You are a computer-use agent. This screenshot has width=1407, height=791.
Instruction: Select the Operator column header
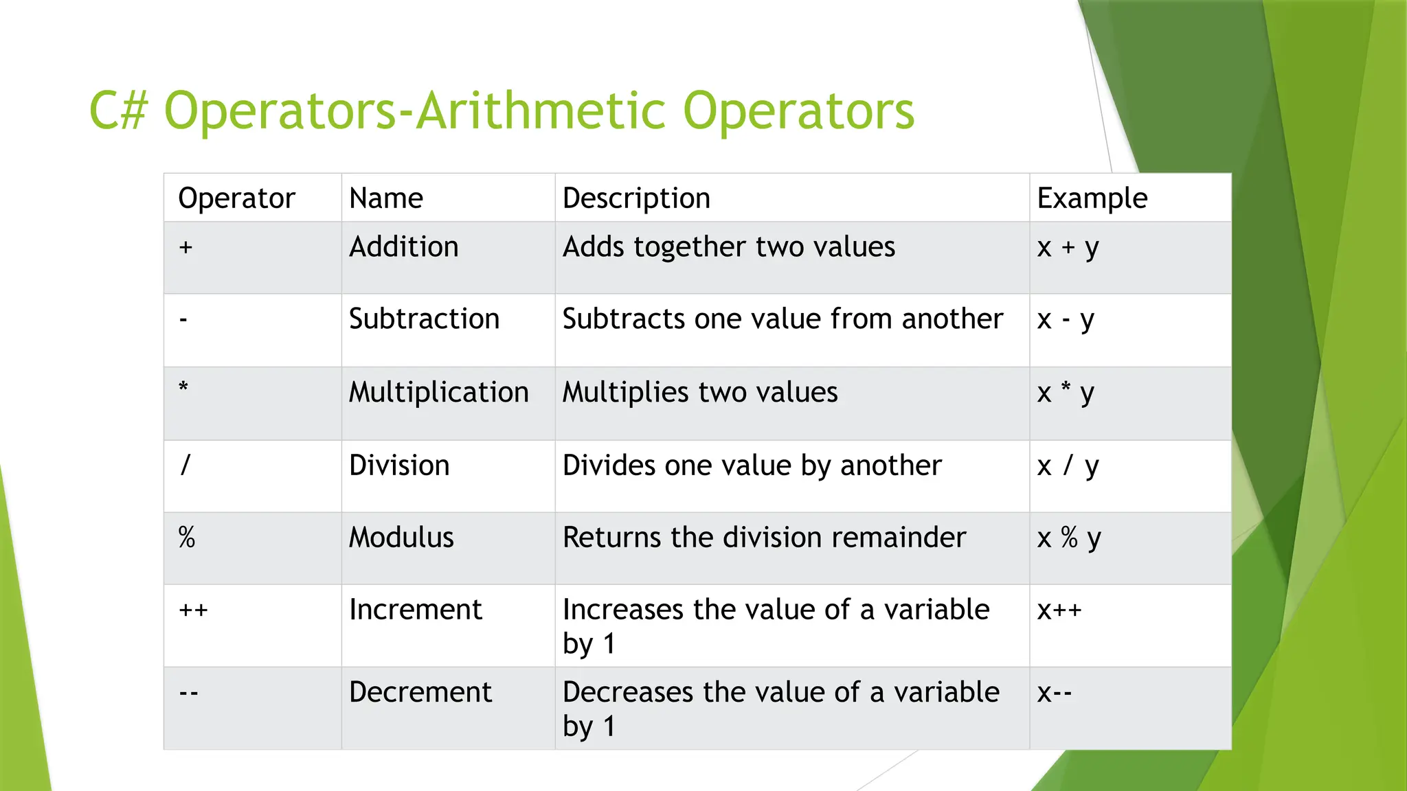point(236,198)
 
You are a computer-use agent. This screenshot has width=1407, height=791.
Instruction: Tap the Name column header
point(386,198)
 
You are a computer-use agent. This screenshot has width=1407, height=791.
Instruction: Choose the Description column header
point(636,198)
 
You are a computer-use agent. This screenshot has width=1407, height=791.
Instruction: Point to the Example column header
point(1092,198)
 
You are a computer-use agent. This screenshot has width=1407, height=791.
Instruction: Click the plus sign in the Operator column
point(185,247)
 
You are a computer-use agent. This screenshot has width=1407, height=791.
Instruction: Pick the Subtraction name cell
point(424,319)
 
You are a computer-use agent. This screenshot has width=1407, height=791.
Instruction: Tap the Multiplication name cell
point(439,393)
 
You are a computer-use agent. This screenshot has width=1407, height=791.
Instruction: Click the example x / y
point(1068,466)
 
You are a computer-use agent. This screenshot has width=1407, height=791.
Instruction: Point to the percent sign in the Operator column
point(187,538)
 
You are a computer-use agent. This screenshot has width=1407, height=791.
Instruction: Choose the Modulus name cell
point(401,538)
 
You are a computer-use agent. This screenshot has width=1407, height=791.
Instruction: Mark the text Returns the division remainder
point(764,538)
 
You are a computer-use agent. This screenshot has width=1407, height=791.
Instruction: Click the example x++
point(1059,610)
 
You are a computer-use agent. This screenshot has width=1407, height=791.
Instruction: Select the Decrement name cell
point(420,692)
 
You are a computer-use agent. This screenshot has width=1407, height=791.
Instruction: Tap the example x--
point(1055,693)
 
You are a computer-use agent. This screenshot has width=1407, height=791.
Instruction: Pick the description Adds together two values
point(729,247)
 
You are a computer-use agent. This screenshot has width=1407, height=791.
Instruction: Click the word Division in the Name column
point(399,466)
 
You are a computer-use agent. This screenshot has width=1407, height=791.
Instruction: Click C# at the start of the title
point(118,111)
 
